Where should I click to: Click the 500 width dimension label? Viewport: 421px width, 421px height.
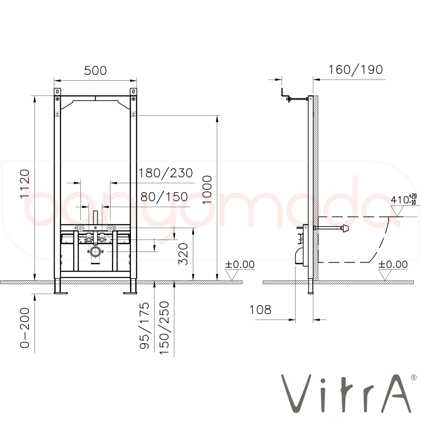[x=95, y=71]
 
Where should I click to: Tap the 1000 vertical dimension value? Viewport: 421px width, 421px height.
[x=207, y=190]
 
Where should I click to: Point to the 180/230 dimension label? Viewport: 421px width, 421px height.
[x=165, y=173]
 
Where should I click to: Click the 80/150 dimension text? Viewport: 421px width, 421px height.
[x=164, y=197]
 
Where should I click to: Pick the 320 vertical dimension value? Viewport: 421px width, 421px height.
[x=184, y=254]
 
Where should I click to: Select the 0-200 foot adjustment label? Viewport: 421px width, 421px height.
[x=25, y=328]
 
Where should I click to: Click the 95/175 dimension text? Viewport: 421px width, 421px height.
[x=144, y=325]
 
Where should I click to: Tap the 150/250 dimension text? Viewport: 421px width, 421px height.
[x=164, y=328]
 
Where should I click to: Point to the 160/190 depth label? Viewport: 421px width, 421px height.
[x=356, y=70]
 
